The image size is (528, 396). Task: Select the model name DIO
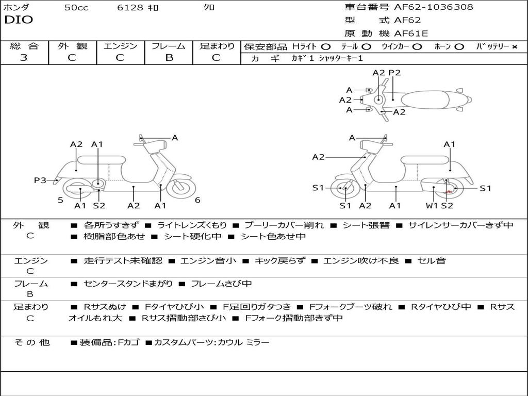pyautogui.click(x=19, y=20)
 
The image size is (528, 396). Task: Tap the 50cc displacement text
pyautogui.click(x=76, y=8)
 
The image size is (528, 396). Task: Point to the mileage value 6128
pyautogui.click(x=131, y=8)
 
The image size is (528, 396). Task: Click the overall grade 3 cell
pyautogui.click(x=24, y=58)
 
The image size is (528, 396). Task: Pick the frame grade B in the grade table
pyautogui.click(x=169, y=58)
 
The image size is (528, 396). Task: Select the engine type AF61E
pyautogui.click(x=411, y=34)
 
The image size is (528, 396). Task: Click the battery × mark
pyautogui.click(x=514, y=46)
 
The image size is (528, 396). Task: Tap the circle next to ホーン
pyautogui.click(x=459, y=46)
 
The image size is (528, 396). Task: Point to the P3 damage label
pyautogui.click(x=40, y=180)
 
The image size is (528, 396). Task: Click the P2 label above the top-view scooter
pyautogui.click(x=394, y=73)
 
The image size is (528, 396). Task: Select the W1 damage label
pyautogui.click(x=432, y=206)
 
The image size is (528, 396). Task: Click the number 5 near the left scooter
pyautogui.click(x=60, y=200)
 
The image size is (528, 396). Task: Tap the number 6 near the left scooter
pyautogui.click(x=197, y=200)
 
